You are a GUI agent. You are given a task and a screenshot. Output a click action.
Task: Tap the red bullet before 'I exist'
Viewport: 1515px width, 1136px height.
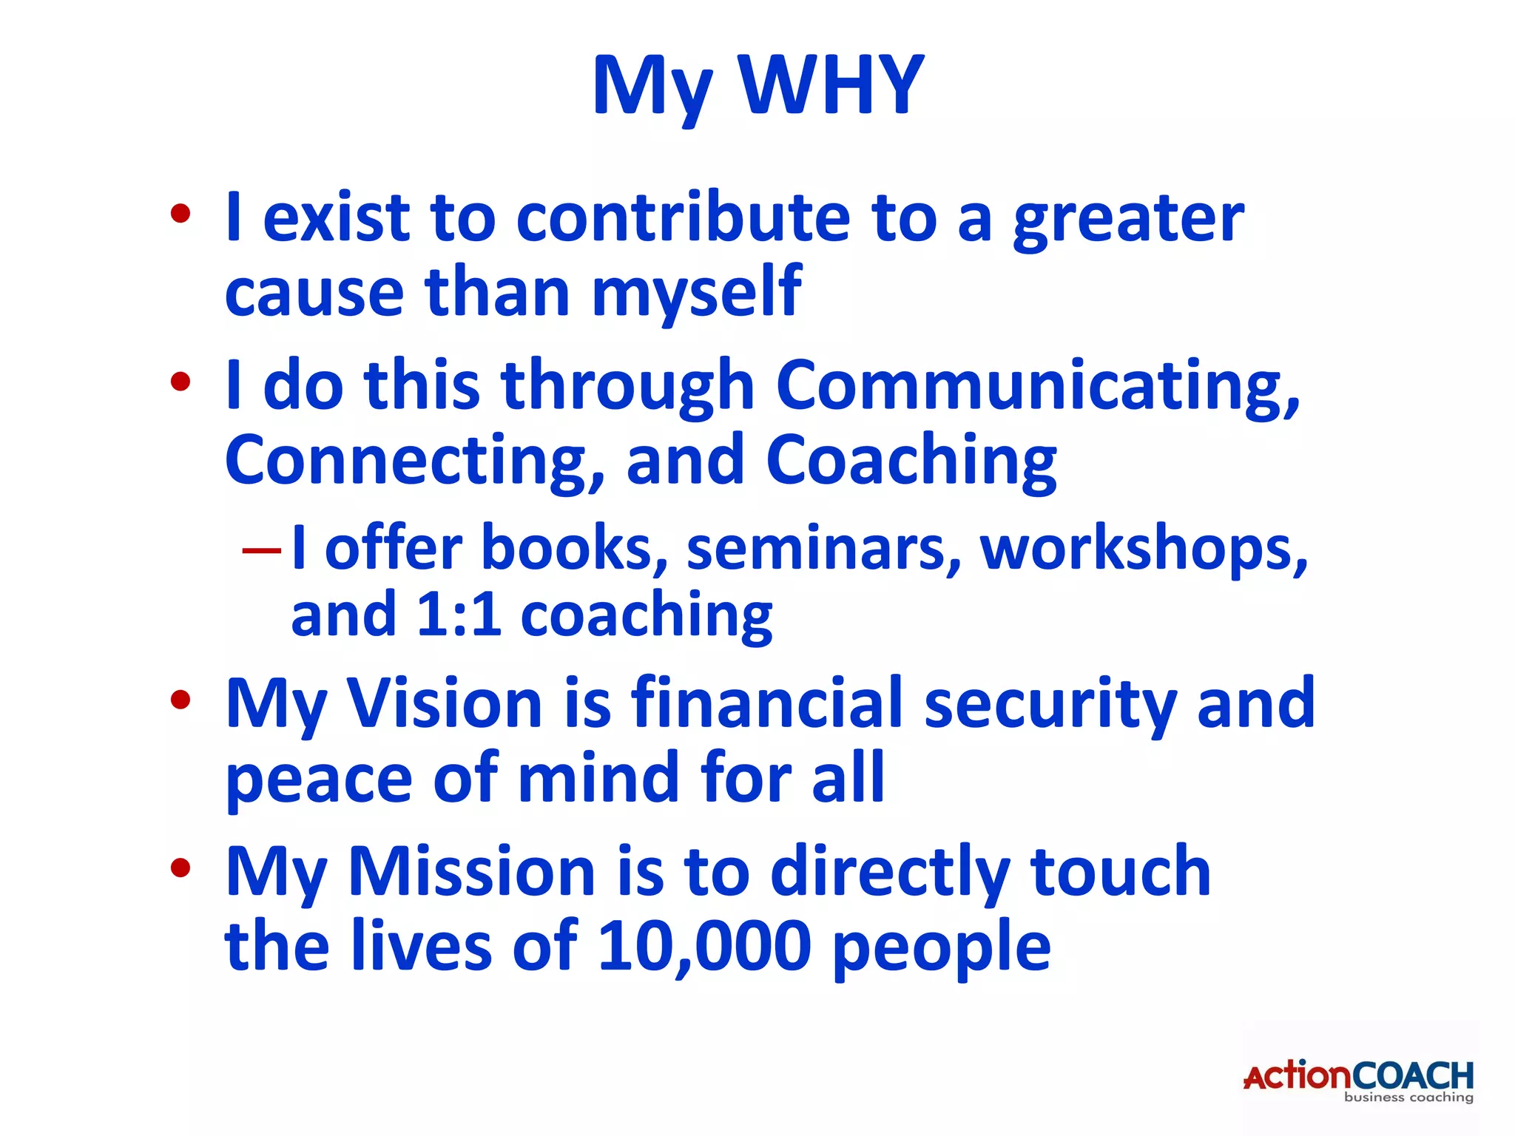180,214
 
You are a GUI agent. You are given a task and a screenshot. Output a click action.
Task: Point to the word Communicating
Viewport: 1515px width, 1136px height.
1036,385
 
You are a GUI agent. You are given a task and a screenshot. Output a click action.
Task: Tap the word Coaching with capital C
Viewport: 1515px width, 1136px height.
911,460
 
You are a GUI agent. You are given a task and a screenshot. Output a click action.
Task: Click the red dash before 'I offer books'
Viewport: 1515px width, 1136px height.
262,550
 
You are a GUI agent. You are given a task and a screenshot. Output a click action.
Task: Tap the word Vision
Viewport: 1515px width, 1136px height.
445,703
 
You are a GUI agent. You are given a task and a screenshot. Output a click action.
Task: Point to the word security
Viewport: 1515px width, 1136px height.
1050,703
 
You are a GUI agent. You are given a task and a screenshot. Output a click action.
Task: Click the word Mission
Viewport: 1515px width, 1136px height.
471,872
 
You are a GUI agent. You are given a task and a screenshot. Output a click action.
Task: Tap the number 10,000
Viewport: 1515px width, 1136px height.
703,946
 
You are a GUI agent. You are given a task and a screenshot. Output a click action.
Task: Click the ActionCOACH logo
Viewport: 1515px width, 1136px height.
1358,1079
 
